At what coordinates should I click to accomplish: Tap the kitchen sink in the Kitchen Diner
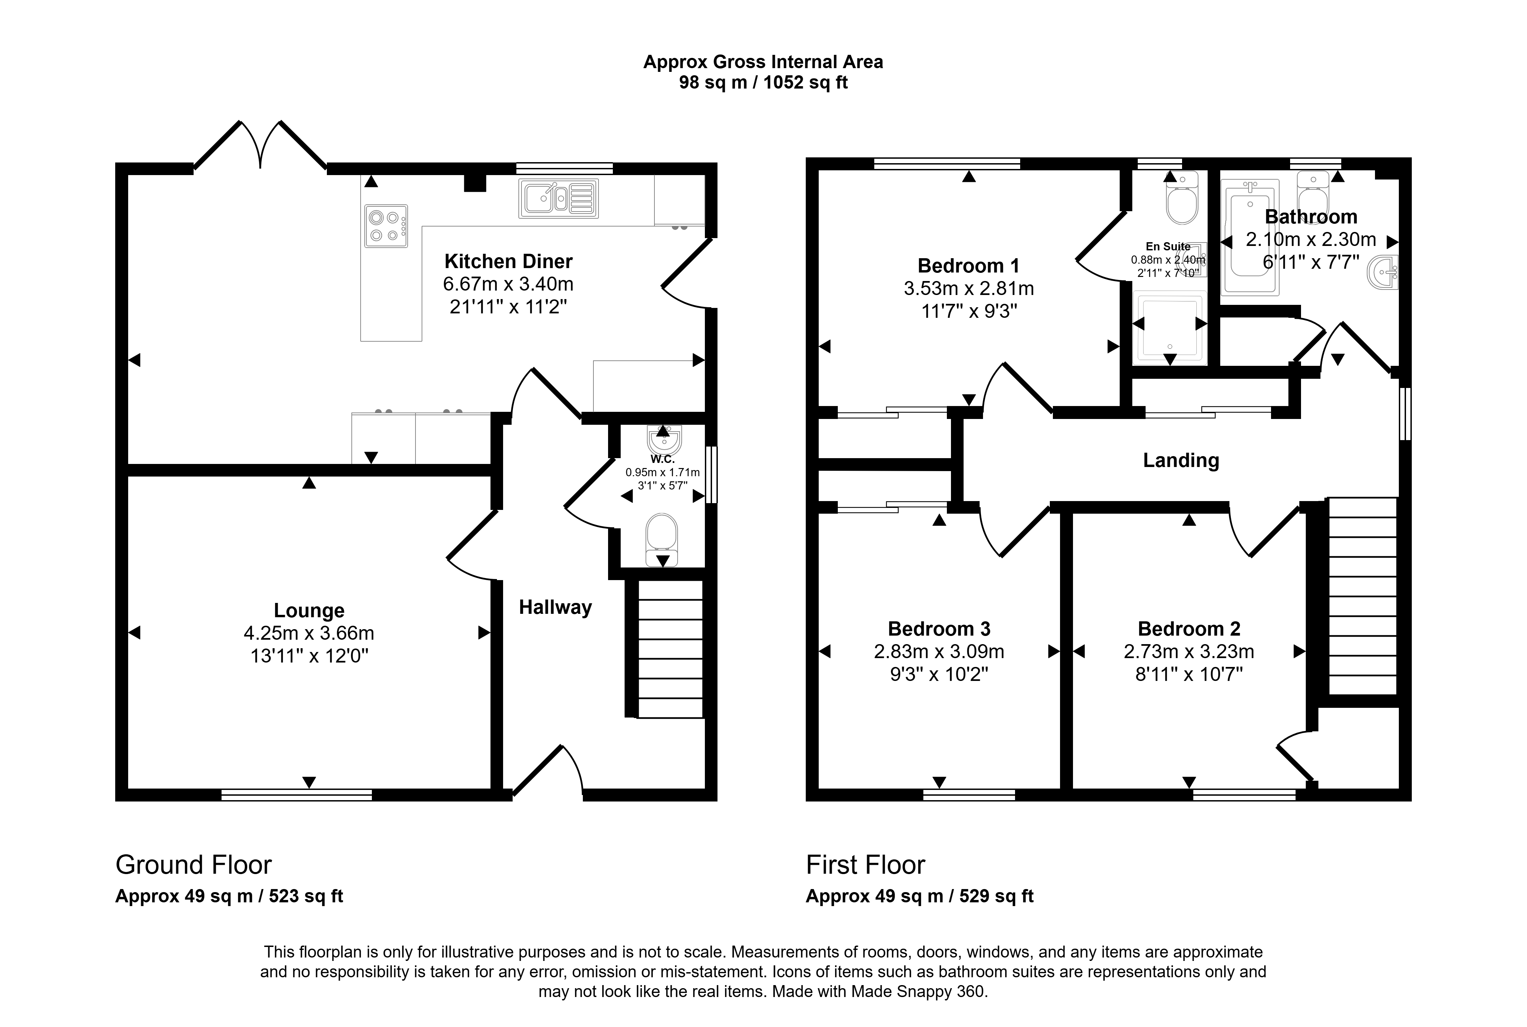(558, 198)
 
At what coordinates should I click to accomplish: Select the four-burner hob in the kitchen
(386, 226)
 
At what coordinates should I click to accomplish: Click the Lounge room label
(309, 610)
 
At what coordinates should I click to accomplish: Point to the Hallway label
(555, 607)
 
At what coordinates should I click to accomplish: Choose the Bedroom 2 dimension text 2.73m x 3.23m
(1189, 652)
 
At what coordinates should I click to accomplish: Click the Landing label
(1181, 461)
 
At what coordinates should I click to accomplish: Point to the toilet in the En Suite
(1182, 198)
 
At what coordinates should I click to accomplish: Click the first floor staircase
(1362, 596)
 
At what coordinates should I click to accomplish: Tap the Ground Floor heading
(193, 865)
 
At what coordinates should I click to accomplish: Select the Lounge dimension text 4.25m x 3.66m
(309, 633)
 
